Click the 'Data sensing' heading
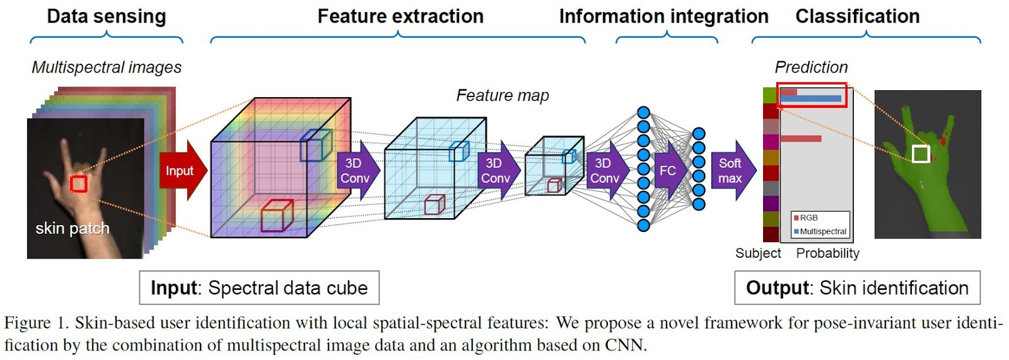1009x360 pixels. point(106,16)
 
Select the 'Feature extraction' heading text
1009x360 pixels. point(400,16)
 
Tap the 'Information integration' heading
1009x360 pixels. point(663,16)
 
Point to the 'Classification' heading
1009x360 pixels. point(857,16)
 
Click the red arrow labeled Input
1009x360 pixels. point(181,171)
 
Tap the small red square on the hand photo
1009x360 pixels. point(78,183)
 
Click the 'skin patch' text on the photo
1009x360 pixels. point(73,228)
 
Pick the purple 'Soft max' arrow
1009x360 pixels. point(732,171)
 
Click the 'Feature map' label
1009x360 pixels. point(503,95)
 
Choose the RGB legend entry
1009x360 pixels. point(808,218)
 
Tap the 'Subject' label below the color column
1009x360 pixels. point(757,253)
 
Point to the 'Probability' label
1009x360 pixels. point(827,253)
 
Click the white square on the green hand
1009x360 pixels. point(921,153)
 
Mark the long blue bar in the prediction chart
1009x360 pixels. point(811,98)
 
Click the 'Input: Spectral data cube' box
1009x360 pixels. point(259,288)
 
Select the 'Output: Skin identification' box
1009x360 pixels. point(857,288)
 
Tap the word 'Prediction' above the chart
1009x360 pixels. point(811,67)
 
